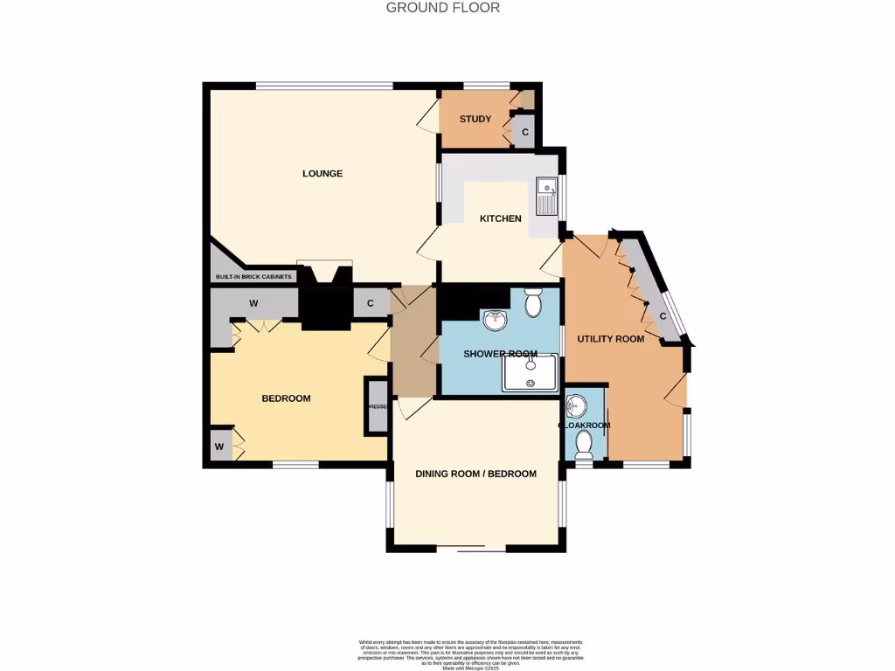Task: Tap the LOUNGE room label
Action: (x=323, y=174)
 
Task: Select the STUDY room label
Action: (x=475, y=119)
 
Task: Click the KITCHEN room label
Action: (x=500, y=218)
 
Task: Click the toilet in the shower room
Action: (x=533, y=303)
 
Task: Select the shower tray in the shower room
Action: (x=530, y=373)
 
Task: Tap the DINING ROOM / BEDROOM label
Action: (x=475, y=474)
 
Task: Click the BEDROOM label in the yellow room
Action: (x=286, y=398)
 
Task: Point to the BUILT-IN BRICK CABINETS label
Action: (x=253, y=278)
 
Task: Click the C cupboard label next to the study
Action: (x=525, y=133)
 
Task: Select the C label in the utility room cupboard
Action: (x=663, y=316)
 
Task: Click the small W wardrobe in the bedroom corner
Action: (x=220, y=446)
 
